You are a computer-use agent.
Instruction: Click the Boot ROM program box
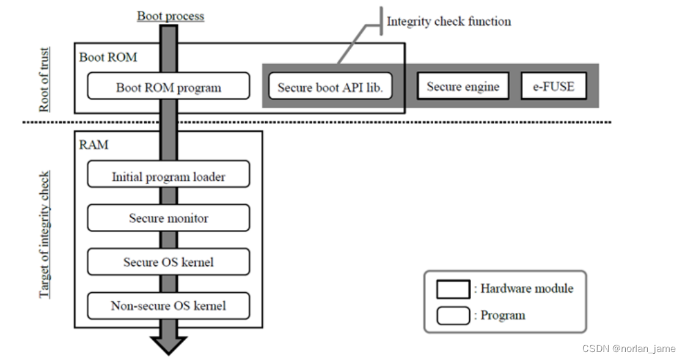[x=168, y=86]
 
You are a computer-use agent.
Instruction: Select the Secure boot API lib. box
[x=330, y=86]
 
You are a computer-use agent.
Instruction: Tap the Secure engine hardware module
[x=463, y=86]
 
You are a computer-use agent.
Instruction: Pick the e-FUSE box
[x=554, y=86]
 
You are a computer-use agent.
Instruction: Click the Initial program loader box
[x=168, y=176]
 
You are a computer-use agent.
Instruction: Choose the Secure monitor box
[x=168, y=218]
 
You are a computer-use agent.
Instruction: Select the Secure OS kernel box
[x=168, y=262]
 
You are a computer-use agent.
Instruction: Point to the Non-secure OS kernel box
[x=168, y=305]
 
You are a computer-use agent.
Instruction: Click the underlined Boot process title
[x=170, y=16]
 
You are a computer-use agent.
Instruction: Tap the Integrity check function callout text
[x=449, y=21]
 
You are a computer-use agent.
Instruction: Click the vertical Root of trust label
[x=44, y=80]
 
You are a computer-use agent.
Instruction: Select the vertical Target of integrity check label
[x=44, y=235]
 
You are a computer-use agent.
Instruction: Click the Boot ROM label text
[x=108, y=57]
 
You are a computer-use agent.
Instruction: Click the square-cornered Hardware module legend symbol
[x=453, y=289]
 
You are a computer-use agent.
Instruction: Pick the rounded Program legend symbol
[x=453, y=315]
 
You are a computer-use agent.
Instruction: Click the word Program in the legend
[x=502, y=315]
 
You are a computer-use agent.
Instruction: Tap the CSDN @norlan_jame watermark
[x=629, y=348]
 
